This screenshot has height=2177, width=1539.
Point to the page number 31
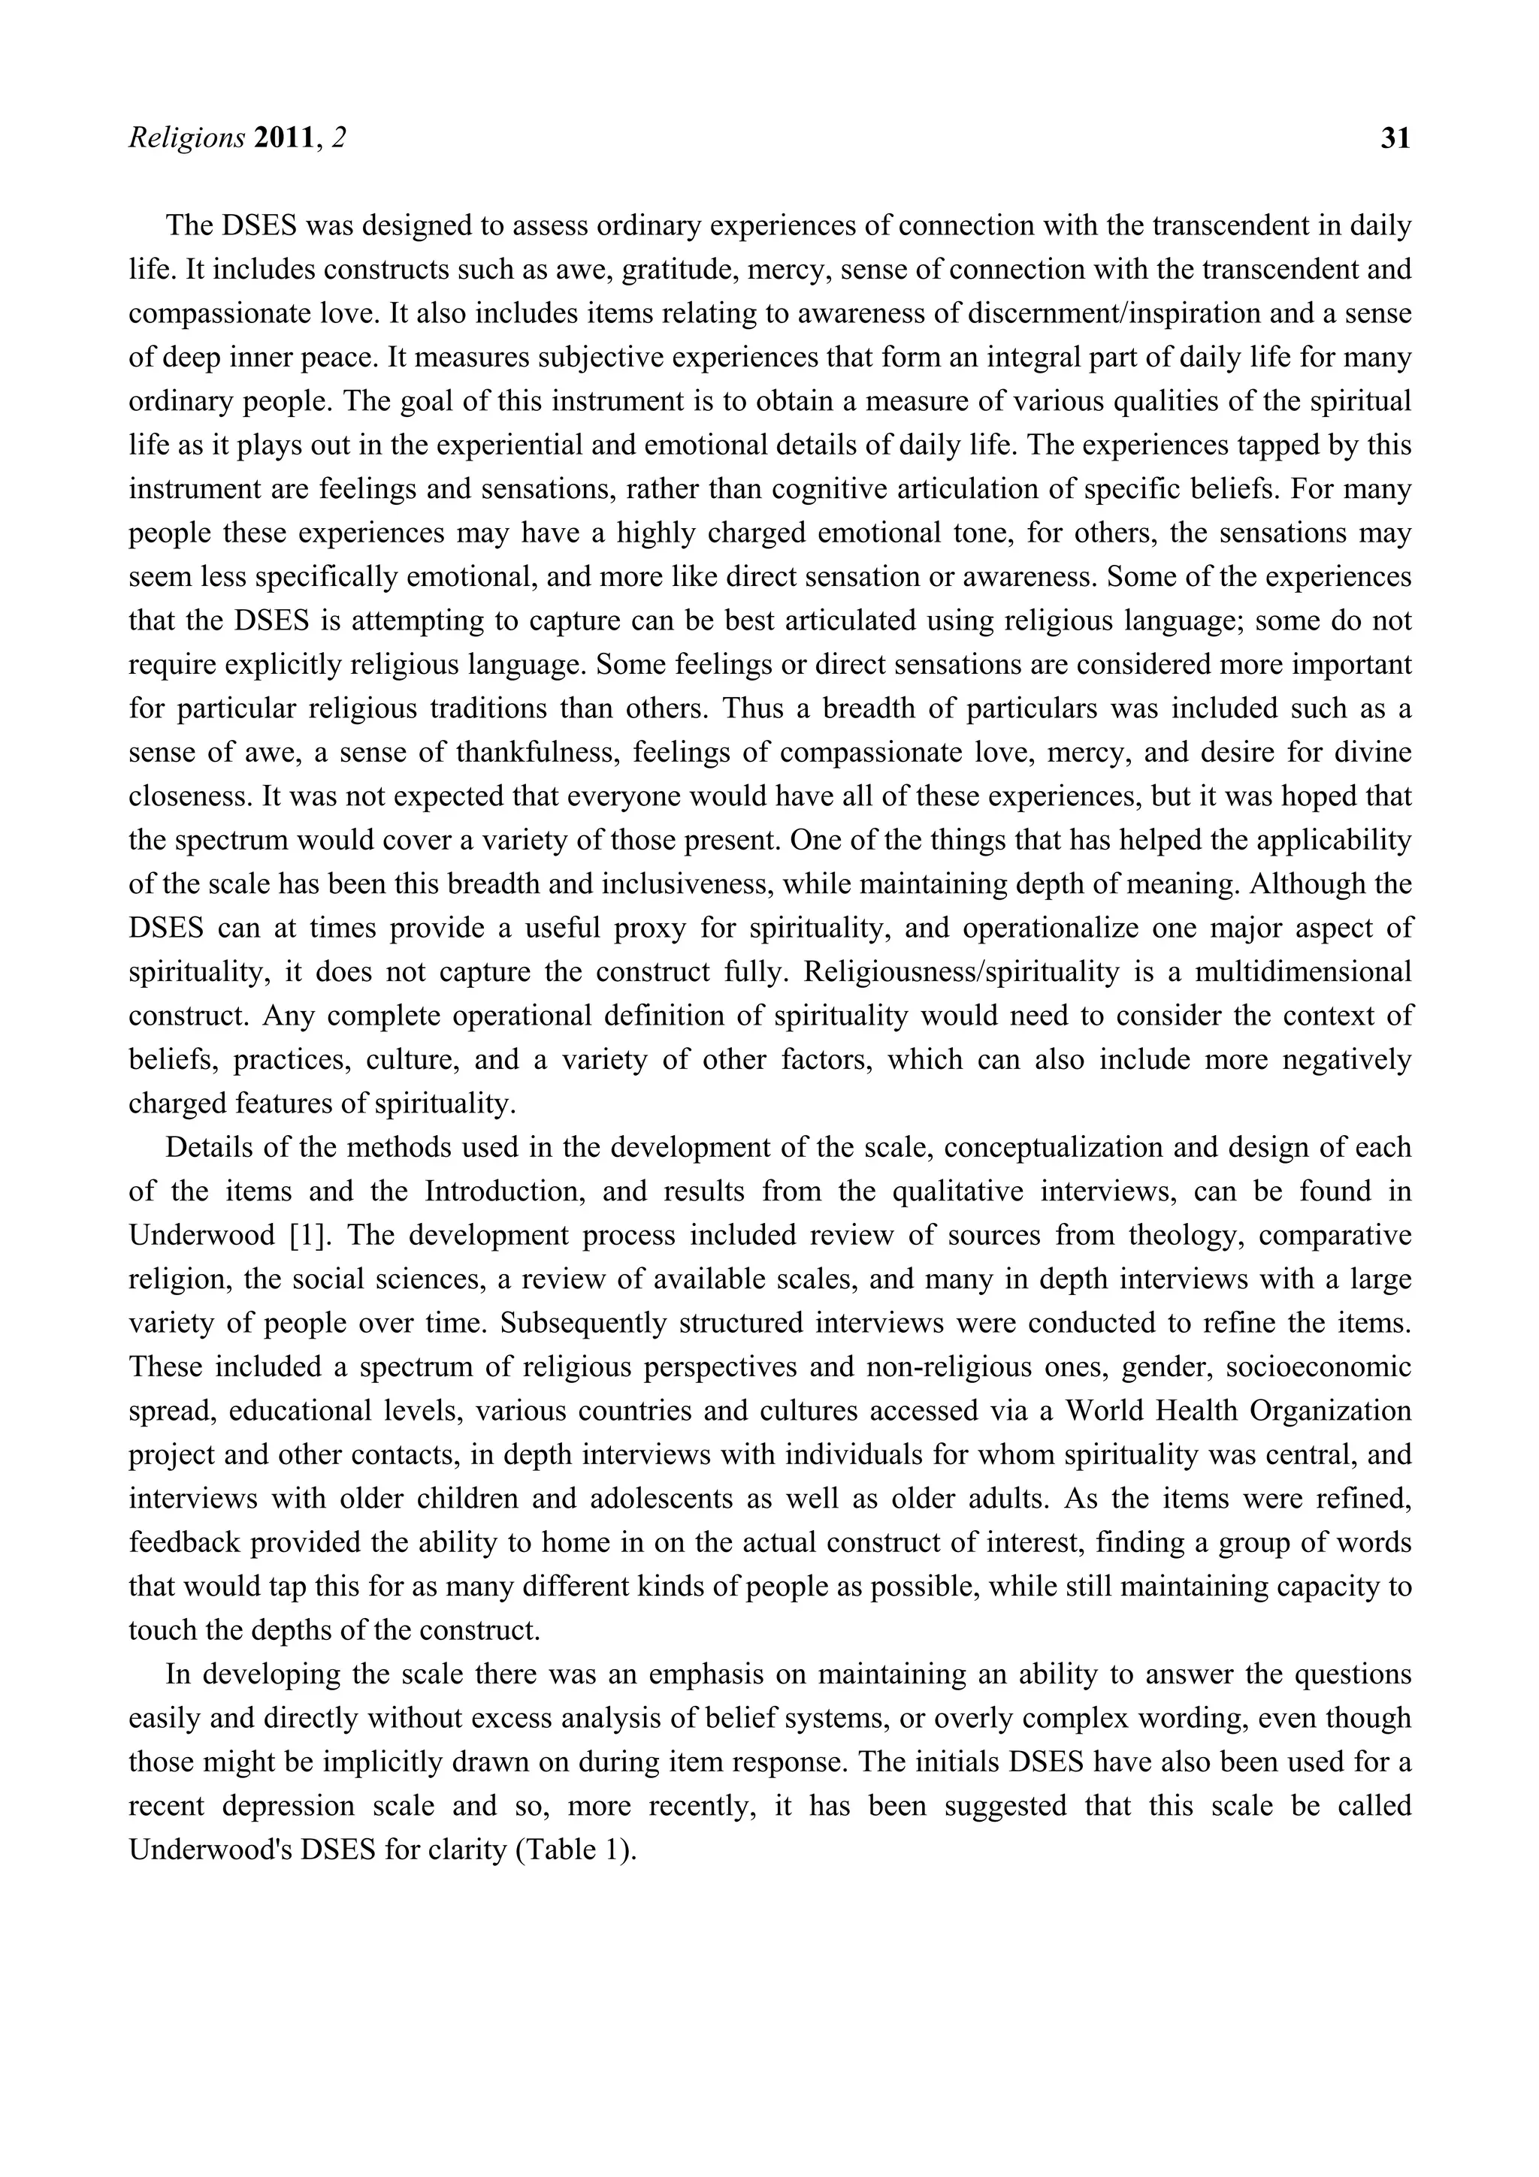pyautogui.click(x=1395, y=138)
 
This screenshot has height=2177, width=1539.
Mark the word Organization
pyautogui.click(x=1329, y=1411)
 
